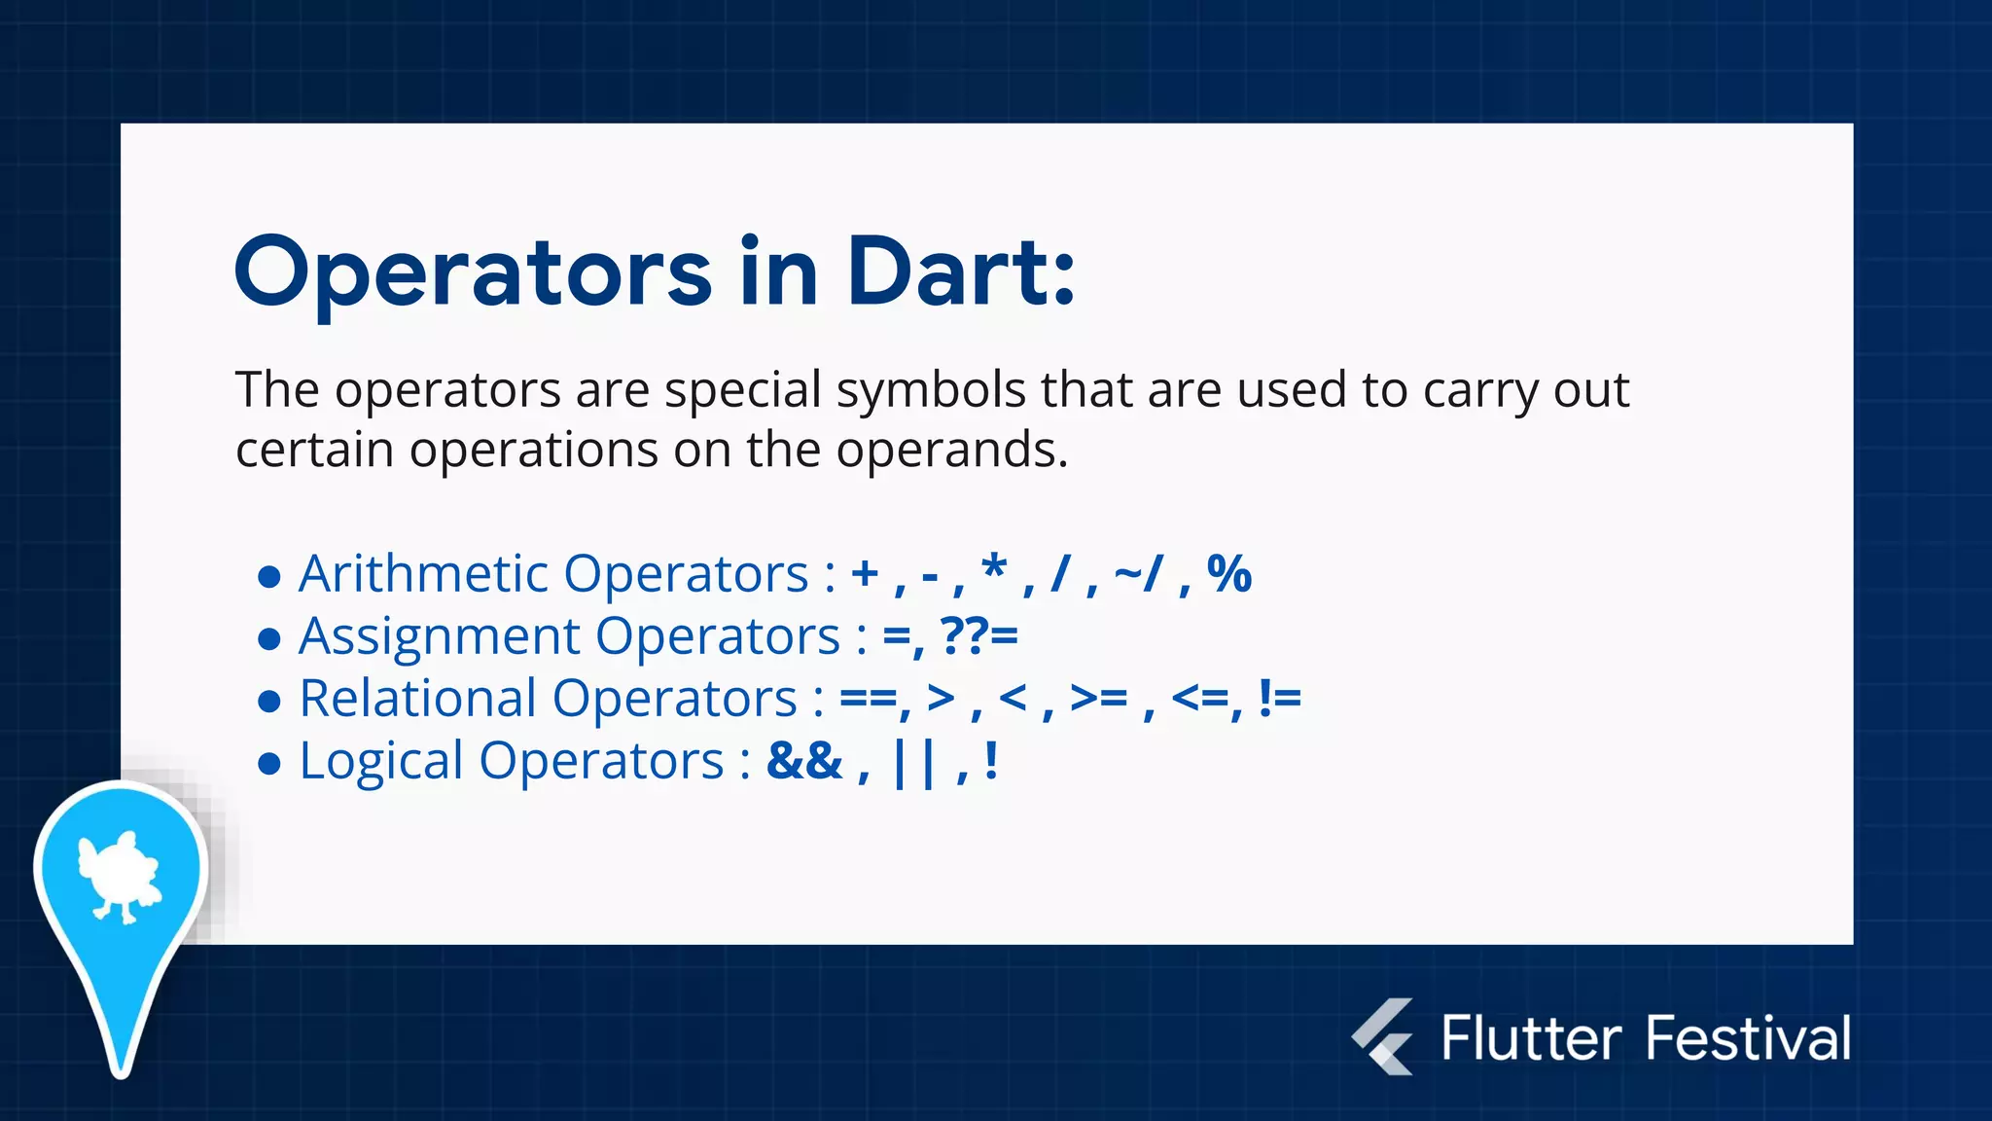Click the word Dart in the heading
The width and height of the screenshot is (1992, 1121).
[x=958, y=272]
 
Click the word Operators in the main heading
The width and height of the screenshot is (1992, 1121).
[x=474, y=274]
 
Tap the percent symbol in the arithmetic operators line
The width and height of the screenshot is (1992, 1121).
[x=1228, y=573]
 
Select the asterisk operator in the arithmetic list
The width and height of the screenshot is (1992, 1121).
[x=993, y=568]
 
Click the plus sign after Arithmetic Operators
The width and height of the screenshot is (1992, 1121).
[x=865, y=573]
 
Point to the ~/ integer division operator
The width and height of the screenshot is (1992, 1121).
[x=1138, y=573]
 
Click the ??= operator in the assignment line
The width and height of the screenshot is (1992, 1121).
[x=978, y=636]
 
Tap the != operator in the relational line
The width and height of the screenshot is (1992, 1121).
[x=1279, y=698]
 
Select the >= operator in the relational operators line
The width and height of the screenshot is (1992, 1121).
[x=1098, y=698]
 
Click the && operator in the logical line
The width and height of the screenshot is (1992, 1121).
[x=804, y=760]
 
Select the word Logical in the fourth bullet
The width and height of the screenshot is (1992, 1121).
[x=380, y=762]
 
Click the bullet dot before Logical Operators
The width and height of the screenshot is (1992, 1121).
[x=269, y=764]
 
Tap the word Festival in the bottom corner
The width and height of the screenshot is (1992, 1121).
[x=1748, y=1037]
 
